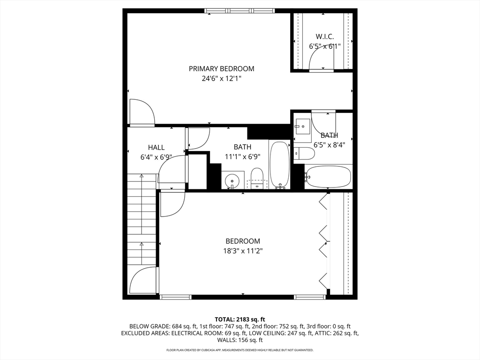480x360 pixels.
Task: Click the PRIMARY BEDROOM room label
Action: click(x=221, y=68)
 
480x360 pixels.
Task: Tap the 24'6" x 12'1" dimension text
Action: click(x=221, y=79)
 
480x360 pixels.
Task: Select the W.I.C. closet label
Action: click(x=324, y=36)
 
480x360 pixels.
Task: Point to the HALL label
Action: click(x=156, y=147)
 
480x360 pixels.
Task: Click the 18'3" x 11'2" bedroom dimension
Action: click(x=242, y=251)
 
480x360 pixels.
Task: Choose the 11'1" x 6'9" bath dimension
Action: click(x=242, y=157)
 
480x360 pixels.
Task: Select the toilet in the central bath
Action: click(x=256, y=178)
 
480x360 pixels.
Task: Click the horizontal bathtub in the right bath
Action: click(x=328, y=176)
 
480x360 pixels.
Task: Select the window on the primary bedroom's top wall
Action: click(x=240, y=10)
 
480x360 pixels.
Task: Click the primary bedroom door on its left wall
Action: click(x=141, y=113)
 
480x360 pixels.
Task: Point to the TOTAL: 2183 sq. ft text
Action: click(x=240, y=319)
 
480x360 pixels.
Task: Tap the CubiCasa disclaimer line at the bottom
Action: click(x=240, y=350)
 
